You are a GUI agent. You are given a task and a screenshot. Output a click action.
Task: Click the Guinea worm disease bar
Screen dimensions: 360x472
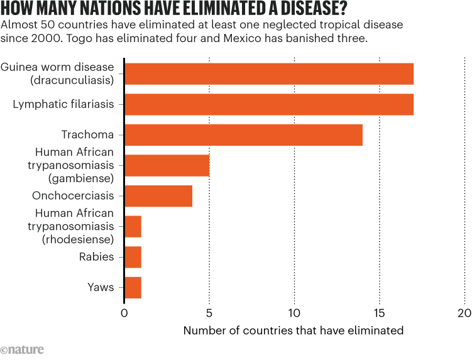(x=269, y=74)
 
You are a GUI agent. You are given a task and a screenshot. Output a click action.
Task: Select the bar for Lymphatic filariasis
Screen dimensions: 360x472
(x=269, y=104)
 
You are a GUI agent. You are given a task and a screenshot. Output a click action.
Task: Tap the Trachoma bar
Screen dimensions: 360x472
(x=244, y=135)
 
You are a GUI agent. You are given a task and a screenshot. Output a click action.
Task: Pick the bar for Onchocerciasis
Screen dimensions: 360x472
(x=158, y=195)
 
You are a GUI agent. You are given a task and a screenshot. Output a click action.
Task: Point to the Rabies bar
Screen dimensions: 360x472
(x=133, y=257)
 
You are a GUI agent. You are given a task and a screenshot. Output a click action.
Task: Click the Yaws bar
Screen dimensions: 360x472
(x=133, y=287)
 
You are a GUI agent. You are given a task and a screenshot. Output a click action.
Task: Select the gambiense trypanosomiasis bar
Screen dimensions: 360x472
(x=167, y=165)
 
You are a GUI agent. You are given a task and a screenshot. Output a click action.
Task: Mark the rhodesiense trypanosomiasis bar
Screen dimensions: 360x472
(x=133, y=226)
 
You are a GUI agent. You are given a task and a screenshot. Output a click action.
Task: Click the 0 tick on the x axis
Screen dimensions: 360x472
(x=124, y=313)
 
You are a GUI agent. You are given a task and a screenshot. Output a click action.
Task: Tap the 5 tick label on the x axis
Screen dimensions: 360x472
(x=209, y=313)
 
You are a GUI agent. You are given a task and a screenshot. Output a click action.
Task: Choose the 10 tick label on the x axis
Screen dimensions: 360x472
(x=294, y=313)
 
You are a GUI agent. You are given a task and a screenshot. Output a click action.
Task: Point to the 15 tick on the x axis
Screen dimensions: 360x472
(x=380, y=313)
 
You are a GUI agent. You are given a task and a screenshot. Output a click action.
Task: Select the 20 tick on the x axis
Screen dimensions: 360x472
(x=464, y=313)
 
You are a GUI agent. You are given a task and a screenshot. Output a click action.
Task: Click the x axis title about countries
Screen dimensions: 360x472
(x=294, y=330)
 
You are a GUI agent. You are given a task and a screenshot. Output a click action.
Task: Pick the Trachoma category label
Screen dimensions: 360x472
(x=87, y=135)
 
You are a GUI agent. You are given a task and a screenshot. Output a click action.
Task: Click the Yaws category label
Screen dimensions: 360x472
(x=101, y=287)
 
